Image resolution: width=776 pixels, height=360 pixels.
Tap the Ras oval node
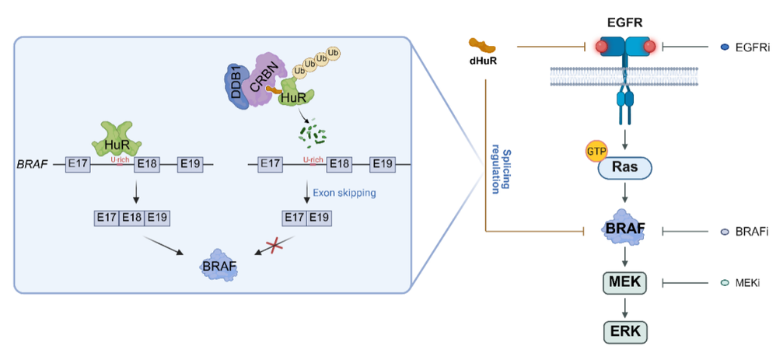tap(626, 169)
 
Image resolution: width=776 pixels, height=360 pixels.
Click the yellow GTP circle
tap(596, 151)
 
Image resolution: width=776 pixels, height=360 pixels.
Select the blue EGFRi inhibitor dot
tap(725, 47)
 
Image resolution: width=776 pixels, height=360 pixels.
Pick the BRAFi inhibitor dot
tap(725, 231)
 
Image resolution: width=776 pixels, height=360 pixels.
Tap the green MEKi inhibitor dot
tap(725, 283)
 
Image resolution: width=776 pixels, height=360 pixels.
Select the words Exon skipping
tap(344, 193)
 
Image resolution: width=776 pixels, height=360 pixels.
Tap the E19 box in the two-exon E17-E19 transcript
tap(320, 218)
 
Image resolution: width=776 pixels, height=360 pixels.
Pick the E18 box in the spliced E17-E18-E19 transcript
tap(132, 218)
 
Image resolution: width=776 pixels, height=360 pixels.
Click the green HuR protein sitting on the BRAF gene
tap(117, 138)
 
